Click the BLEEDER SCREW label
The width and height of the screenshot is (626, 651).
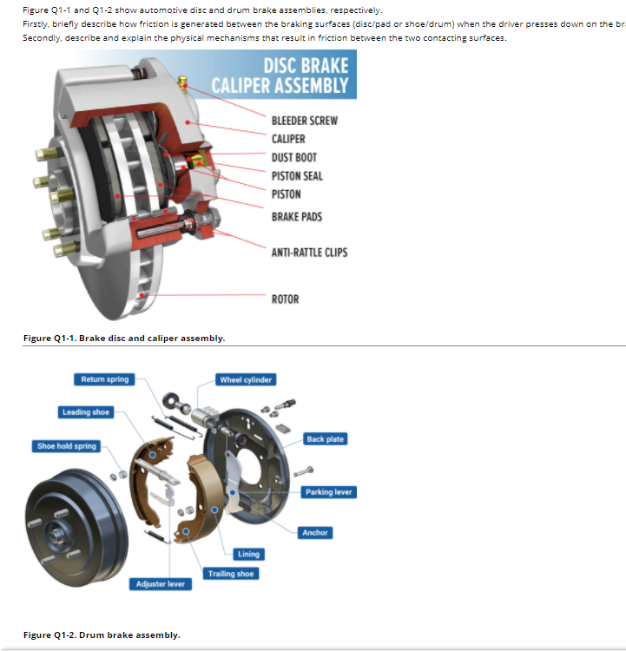304,120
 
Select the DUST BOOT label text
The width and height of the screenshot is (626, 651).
293,157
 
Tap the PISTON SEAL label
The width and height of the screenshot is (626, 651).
297,175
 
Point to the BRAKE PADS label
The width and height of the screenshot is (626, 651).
296,216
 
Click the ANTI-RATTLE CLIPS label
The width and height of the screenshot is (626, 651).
309,252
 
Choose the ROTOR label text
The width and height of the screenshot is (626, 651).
285,299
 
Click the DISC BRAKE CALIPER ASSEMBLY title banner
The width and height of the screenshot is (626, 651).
284,75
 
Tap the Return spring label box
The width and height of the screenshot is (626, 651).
104,379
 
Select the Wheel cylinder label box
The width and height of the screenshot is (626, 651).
246,379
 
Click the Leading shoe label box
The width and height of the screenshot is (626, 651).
86,411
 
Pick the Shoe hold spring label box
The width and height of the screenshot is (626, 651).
67,446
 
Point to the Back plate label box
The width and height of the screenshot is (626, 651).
325,439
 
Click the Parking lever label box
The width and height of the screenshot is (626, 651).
328,492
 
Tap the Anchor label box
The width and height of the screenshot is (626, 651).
315,532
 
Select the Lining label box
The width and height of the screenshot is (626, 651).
248,554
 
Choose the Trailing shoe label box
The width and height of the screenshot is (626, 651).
231,574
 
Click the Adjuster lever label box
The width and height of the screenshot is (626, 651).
161,584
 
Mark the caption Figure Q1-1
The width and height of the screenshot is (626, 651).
124,338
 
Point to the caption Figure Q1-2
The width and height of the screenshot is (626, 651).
102,635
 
